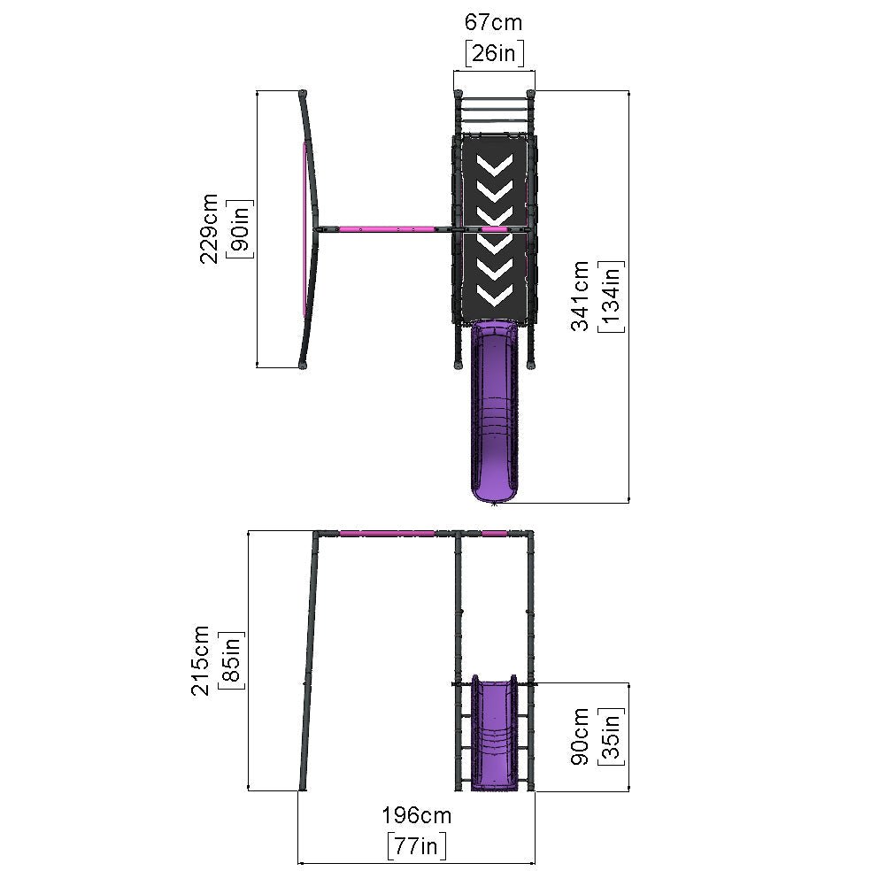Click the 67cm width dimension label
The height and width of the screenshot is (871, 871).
click(x=493, y=23)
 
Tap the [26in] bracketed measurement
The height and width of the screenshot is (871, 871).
click(x=495, y=53)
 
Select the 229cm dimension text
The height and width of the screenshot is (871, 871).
click(x=209, y=228)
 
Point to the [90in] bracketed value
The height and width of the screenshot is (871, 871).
click(x=240, y=229)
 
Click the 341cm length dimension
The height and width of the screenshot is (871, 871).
click(x=580, y=296)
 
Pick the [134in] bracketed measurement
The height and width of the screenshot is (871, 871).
click(x=611, y=297)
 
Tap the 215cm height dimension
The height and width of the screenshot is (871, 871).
click(x=200, y=660)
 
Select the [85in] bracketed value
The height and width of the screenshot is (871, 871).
click(x=231, y=660)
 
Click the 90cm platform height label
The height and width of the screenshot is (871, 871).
click(x=580, y=736)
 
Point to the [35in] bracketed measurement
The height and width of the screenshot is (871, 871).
click(x=611, y=736)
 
